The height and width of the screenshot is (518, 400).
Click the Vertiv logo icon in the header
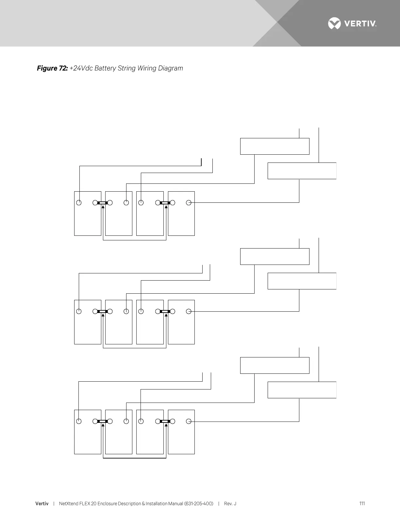(x=334, y=24)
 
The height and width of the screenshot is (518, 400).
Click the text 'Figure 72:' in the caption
(x=52, y=68)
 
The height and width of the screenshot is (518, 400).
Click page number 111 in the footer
(x=362, y=504)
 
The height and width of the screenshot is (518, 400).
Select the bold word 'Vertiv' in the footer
(x=42, y=504)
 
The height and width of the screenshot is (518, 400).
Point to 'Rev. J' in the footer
(x=230, y=504)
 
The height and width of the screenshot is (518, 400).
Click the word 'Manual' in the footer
(x=175, y=504)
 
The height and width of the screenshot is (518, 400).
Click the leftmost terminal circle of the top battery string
(x=79, y=203)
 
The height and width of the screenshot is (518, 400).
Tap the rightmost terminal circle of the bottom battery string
(x=189, y=422)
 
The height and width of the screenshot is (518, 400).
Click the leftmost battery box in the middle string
(x=88, y=327)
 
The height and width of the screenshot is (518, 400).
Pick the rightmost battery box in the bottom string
(x=181, y=437)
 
